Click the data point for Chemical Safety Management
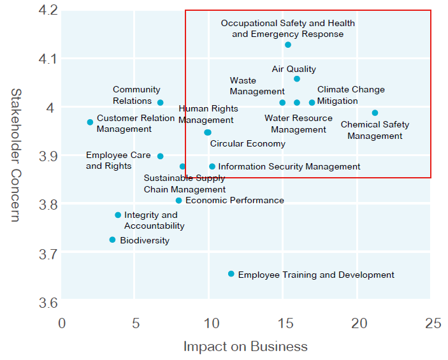pyautogui.click(x=375, y=113)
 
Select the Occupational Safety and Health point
pyautogui.click(x=288, y=45)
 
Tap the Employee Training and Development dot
pyautogui.click(x=231, y=274)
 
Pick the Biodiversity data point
pyautogui.click(x=113, y=240)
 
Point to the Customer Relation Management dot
pyautogui.click(x=90, y=122)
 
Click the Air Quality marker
pyautogui.click(x=297, y=78)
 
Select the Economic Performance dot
pyautogui.click(x=179, y=201)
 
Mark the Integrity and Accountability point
pyautogui.click(x=118, y=215)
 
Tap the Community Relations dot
pyautogui.click(x=161, y=103)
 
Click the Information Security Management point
pyautogui.click(x=212, y=167)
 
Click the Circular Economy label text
pyautogui.click(x=247, y=144)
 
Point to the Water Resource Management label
pyautogui.click(x=298, y=124)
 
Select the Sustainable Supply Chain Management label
pyautogui.click(x=184, y=184)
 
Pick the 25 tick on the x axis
pyautogui.click(x=433, y=323)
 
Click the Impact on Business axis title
pyautogui.click(x=245, y=347)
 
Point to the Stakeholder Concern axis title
pyautogui.click(x=16, y=155)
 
